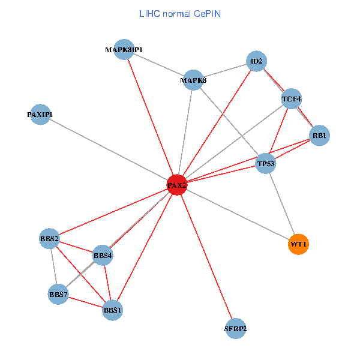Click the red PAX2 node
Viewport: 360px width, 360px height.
coord(177,185)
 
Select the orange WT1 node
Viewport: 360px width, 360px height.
coord(298,244)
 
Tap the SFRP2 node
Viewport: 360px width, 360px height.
coord(236,328)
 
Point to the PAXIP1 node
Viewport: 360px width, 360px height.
coord(41,114)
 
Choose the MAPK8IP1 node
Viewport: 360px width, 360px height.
coord(124,50)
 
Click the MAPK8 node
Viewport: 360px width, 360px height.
coord(193,80)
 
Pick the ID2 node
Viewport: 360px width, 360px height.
coord(256,61)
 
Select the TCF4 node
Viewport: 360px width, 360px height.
coord(292,98)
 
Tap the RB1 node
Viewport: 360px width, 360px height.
coord(319,136)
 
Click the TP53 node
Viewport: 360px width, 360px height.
coord(265,163)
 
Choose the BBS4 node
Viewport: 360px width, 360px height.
coord(103,256)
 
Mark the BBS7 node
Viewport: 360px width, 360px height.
coord(58,295)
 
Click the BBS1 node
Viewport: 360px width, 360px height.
coord(113,310)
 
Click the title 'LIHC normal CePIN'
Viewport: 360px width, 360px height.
coord(179,13)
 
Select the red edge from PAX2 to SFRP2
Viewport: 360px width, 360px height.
coord(206,257)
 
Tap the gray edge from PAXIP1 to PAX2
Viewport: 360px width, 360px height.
coord(109,149)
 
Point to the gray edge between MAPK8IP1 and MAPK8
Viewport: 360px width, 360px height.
coord(158,65)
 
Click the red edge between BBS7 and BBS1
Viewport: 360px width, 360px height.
coord(85,302)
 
